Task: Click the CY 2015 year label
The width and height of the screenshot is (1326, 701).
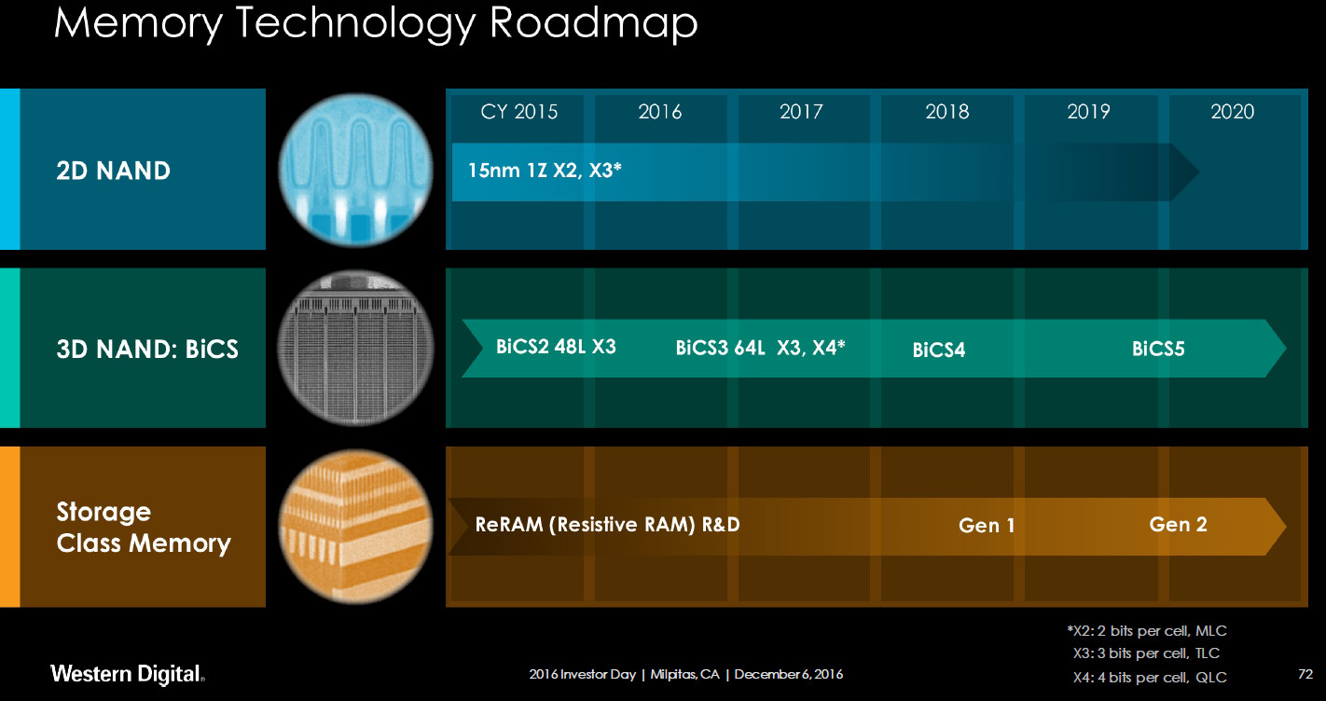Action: pyautogui.click(x=518, y=112)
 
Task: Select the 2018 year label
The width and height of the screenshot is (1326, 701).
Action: pyautogui.click(x=946, y=112)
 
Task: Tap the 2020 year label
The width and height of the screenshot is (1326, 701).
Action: pyautogui.click(x=1232, y=112)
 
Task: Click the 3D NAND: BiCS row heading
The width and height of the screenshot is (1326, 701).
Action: pyautogui.click(x=146, y=350)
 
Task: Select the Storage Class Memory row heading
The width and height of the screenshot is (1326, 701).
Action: pyautogui.click(x=143, y=528)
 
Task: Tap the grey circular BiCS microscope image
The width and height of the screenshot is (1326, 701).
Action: pyautogui.click(x=355, y=349)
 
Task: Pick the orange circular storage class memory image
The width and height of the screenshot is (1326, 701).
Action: pyautogui.click(x=355, y=528)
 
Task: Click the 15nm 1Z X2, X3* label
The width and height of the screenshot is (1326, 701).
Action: pyautogui.click(x=545, y=170)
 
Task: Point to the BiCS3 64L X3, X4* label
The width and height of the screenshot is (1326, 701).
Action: pyautogui.click(x=760, y=349)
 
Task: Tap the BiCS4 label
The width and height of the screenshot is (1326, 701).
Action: pyautogui.click(x=939, y=350)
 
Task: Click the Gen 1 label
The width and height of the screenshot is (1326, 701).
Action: pyautogui.click(x=987, y=526)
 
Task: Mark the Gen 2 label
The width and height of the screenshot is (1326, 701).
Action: pyautogui.click(x=1178, y=524)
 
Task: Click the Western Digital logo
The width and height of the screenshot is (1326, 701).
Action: pyautogui.click(x=128, y=673)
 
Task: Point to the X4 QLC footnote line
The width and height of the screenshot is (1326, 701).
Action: pyautogui.click(x=1149, y=677)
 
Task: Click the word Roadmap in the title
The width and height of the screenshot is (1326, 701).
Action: pyautogui.click(x=593, y=24)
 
